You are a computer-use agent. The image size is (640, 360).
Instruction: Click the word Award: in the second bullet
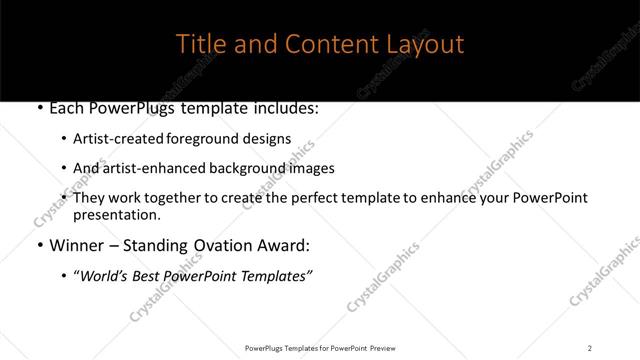point(283,245)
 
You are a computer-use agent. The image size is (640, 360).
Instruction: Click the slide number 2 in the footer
point(589,347)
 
